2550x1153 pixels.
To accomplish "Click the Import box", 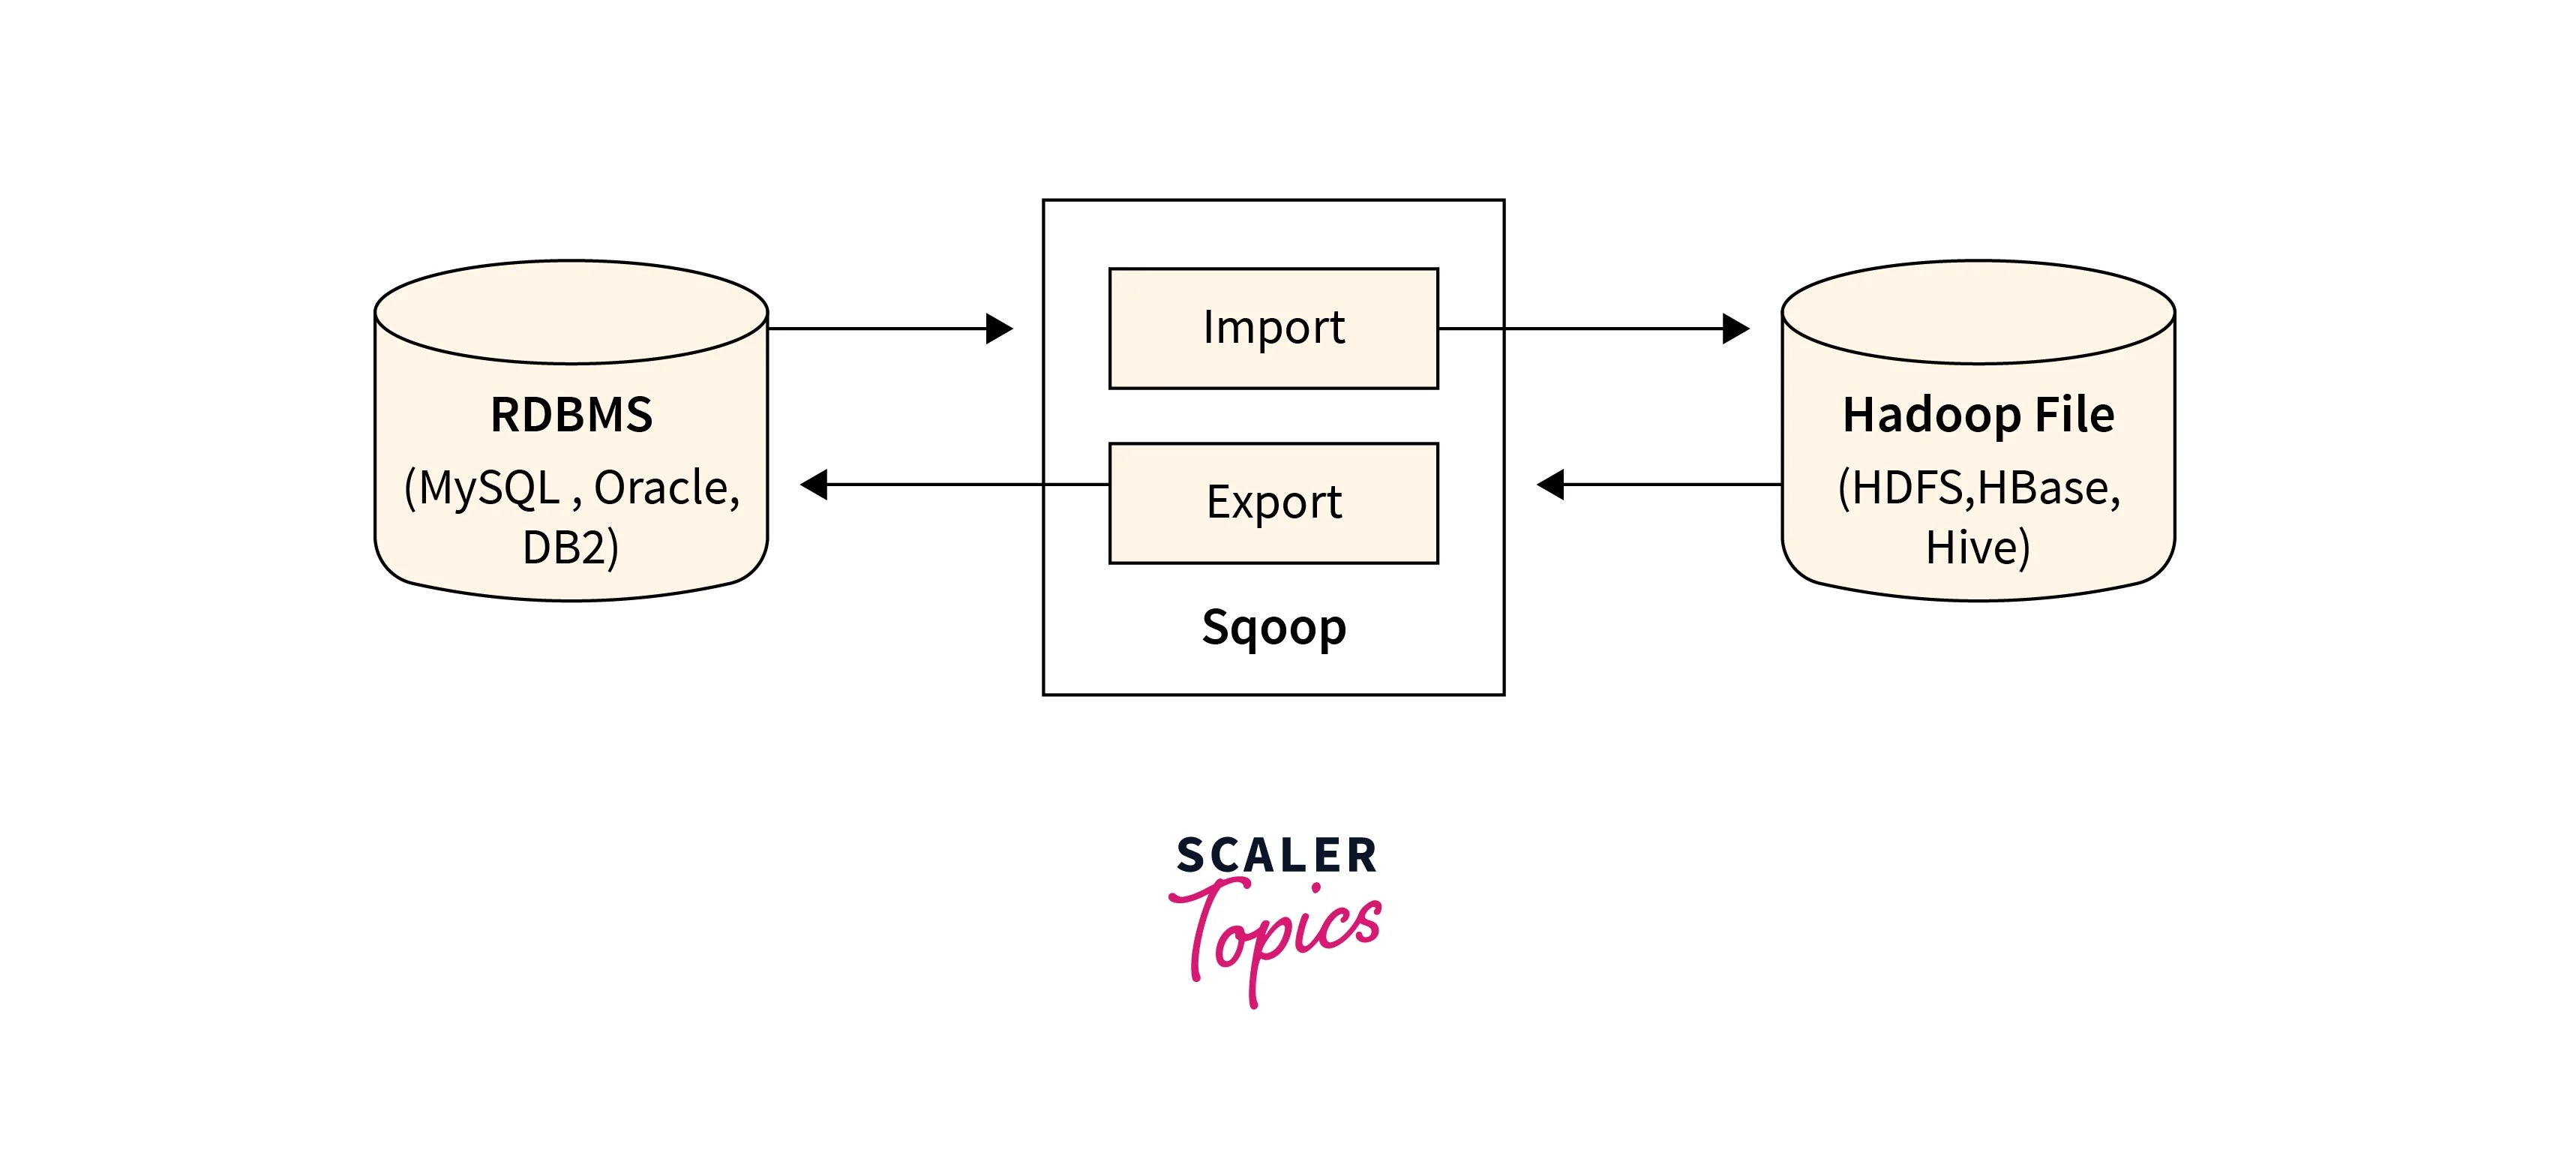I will [1273, 328].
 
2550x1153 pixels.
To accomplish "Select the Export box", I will [1273, 503].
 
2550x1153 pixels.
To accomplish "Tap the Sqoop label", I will [1273, 627].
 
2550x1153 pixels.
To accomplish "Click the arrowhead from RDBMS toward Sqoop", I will [1000, 329].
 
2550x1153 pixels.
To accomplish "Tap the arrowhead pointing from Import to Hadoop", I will [1735, 329].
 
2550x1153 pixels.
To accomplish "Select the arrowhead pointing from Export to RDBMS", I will [814, 485].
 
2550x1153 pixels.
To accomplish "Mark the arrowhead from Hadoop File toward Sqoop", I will [1550, 485].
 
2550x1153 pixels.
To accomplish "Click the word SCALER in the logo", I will [1276, 856].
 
